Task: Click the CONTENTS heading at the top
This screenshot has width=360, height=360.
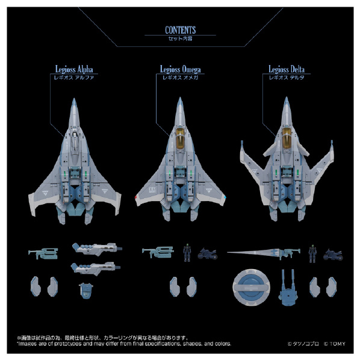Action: pos(180,30)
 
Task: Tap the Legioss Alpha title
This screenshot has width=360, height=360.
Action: pos(74,69)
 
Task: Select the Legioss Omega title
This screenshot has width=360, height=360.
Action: pos(180,69)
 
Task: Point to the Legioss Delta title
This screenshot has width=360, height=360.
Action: pos(287,69)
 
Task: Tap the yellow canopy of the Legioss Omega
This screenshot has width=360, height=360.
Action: pos(180,138)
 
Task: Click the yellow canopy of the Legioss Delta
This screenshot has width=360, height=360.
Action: pos(286,137)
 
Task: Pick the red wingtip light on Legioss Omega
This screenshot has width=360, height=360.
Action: pos(136,197)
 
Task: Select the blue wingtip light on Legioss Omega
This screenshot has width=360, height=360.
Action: pos(225,197)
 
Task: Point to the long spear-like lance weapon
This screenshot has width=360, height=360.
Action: pos(264,253)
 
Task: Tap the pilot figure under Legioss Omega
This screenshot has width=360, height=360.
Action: pos(187,252)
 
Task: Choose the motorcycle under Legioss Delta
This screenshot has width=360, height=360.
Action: pos(333,254)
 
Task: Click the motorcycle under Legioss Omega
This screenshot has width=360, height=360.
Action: pos(207,253)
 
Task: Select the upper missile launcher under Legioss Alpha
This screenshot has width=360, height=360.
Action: pos(97,249)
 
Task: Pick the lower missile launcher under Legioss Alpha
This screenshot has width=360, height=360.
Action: pos(96,268)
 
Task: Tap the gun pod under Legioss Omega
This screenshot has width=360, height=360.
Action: pos(158,252)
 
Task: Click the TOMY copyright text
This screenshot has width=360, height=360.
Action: pos(335,344)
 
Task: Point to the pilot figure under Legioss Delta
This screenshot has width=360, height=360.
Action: pos(312,253)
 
